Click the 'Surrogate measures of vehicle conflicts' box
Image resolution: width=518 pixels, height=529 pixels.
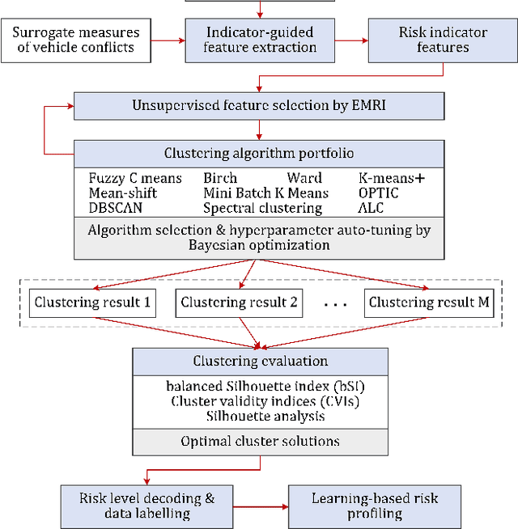pos(77,40)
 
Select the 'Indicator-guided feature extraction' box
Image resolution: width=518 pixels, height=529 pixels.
pos(260,40)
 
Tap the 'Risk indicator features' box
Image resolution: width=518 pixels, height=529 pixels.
pos(443,40)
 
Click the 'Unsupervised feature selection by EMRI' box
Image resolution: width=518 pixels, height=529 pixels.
pos(259,106)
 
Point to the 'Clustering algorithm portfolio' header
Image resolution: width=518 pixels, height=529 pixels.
pos(259,153)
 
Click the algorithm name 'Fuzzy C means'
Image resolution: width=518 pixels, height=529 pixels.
pos(135,178)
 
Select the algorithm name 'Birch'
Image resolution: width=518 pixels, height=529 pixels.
pos(220,178)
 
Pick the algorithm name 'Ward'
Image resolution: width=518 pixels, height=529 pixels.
pos(304,178)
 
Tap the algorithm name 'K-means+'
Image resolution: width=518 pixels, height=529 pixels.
pos(390,178)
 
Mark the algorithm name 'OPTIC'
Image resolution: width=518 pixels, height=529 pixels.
pos(379,193)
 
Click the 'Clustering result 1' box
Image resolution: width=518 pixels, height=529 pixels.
pos(92,303)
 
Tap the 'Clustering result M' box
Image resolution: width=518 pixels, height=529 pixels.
pos(428,303)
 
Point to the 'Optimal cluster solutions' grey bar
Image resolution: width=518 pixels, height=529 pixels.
pos(260,442)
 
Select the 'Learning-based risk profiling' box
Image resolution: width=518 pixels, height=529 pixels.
pos(375,505)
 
